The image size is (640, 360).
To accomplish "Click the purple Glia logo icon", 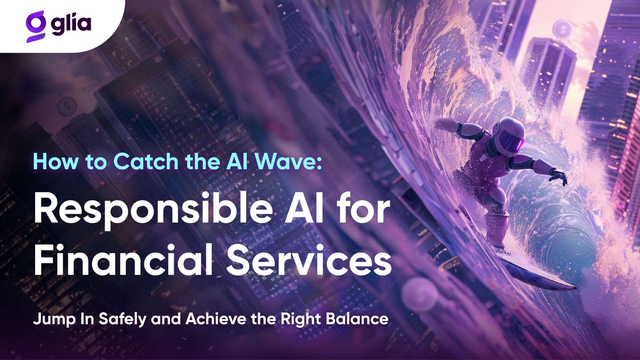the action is (x=36, y=26).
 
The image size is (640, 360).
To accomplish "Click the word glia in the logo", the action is (x=71, y=24).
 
